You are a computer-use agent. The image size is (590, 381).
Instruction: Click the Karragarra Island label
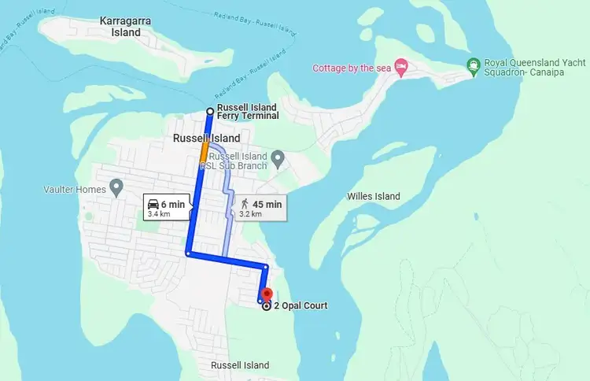point(125,27)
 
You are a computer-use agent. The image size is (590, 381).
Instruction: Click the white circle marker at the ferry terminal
point(209,111)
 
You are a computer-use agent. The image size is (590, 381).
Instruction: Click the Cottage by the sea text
point(352,67)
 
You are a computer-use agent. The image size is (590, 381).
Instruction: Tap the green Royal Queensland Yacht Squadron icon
point(473,65)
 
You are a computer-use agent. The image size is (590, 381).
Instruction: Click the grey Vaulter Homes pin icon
point(117,187)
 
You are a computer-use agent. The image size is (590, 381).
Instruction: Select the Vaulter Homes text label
point(78,189)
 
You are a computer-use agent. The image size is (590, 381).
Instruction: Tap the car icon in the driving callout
point(153,205)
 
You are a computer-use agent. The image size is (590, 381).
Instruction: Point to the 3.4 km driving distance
point(159,214)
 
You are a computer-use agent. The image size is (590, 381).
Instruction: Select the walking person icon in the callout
point(244,205)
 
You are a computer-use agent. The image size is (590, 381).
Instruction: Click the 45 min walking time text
point(267,205)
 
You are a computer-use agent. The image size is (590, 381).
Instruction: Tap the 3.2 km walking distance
point(250,214)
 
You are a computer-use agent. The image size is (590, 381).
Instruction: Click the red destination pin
point(266,294)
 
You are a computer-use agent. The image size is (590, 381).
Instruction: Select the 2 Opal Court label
point(301,306)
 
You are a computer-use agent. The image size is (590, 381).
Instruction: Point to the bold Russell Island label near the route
point(206,139)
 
